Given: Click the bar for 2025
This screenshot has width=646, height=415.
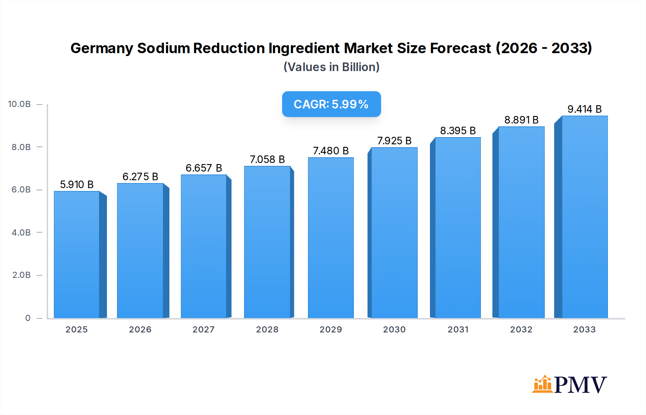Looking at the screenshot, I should pyautogui.click(x=76, y=255).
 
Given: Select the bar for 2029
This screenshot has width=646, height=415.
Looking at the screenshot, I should pyautogui.click(x=331, y=238).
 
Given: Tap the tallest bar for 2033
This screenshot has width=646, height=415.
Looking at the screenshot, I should pyautogui.click(x=584, y=217).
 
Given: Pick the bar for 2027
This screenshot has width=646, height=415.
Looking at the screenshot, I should pyautogui.click(x=203, y=246).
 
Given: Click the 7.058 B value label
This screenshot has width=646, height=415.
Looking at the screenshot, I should pyautogui.click(x=267, y=159).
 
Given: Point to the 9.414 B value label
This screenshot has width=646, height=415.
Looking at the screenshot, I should pyautogui.click(x=584, y=109).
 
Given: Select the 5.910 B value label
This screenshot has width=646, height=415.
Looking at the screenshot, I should pyautogui.click(x=76, y=185).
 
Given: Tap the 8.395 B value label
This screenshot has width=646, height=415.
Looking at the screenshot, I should pyautogui.click(x=458, y=131).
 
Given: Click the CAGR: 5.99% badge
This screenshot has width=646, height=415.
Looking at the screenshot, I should pyautogui.click(x=331, y=104).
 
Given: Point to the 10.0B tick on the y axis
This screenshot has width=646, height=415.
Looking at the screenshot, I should pyautogui.click(x=19, y=104).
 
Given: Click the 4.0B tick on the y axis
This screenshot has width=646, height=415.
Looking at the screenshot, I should pyautogui.click(x=21, y=233).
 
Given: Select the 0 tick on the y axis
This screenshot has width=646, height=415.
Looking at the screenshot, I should pyautogui.click(x=28, y=318).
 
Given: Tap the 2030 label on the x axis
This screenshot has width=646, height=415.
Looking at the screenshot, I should pyautogui.click(x=394, y=330).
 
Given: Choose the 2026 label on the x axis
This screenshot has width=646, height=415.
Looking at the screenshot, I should pyautogui.click(x=140, y=330).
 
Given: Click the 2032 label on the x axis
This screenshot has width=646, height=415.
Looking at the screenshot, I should pyautogui.click(x=521, y=330).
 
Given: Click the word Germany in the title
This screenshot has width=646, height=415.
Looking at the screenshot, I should pyautogui.click(x=102, y=48).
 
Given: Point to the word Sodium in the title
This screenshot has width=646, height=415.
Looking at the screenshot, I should pyautogui.click(x=163, y=48).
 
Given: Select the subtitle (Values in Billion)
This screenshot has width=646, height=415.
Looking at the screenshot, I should pyautogui.click(x=331, y=67).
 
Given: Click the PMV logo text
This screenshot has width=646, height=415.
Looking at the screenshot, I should pyautogui.click(x=580, y=385).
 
